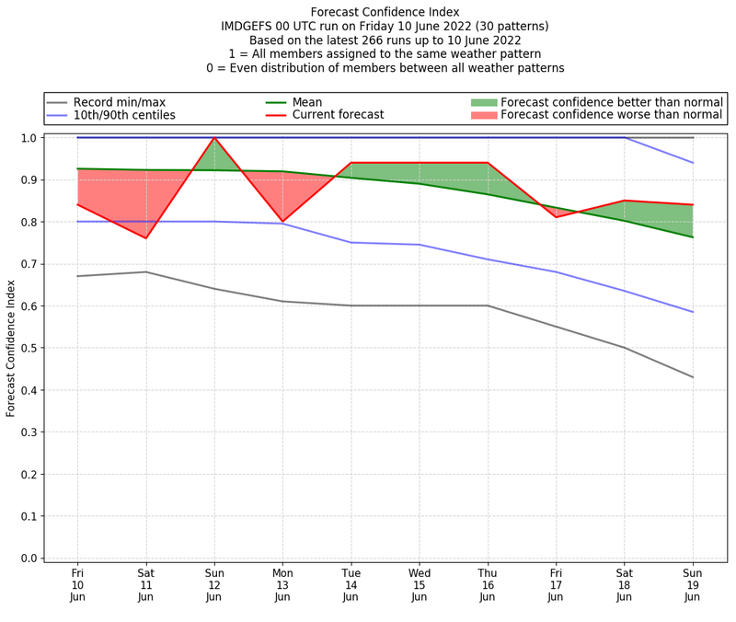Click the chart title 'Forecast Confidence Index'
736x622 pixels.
[x=385, y=12]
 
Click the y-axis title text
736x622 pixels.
[x=11, y=348]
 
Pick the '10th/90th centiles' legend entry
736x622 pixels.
[x=123, y=116]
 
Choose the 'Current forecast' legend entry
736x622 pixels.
[x=338, y=116]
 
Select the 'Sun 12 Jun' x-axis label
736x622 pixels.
[x=213, y=584]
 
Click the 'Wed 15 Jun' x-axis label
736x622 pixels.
[x=419, y=584]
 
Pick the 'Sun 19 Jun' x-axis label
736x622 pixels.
[x=692, y=584]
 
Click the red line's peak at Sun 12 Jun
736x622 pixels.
[x=213, y=138]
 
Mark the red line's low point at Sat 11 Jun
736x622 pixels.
[x=145, y=238]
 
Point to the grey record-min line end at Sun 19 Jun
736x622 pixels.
[x=692, y=377]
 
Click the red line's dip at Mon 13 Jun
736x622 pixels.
[x=282, y=222]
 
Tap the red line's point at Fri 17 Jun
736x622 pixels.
[x=556, y=217]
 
